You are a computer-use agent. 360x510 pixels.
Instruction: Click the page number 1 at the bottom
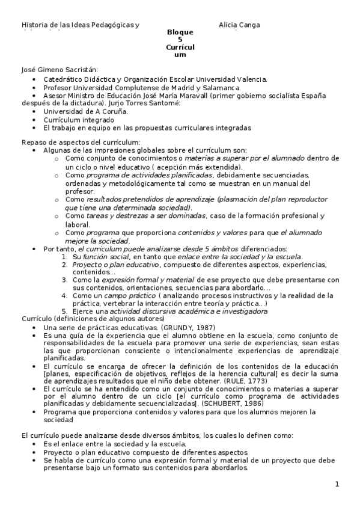click(x=337, y=484)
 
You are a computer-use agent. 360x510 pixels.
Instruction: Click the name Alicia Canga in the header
click(x=239, y=25)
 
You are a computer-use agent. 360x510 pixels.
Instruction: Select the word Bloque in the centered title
click(x=180, y=32)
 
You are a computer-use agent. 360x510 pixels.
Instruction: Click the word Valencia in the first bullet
click(x=252, y=79)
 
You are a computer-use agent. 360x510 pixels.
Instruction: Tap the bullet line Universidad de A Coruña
click(x=85, y=111)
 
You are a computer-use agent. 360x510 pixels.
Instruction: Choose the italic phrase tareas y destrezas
click(x=109, y=215)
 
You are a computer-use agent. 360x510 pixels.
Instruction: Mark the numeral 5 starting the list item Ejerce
click(x=65, y=312)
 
